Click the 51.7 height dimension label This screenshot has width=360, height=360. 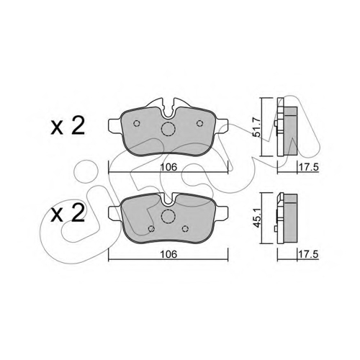(x=257, y=127)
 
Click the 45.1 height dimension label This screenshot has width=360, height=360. (x=257, y=218)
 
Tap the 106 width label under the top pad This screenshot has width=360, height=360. (x=168, y=167)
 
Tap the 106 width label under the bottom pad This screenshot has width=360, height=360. (x=168, y=254)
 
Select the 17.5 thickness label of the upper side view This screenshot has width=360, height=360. (x=308, y=167)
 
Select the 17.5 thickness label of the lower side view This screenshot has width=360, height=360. (x=308, y=254)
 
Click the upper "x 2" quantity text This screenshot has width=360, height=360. (x=68, y=127)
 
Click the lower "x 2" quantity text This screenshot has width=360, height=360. (x=68, y=214)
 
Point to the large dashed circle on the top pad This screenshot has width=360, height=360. (x=168, y=122)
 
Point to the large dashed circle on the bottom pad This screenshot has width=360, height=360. (x=168, y=210)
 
